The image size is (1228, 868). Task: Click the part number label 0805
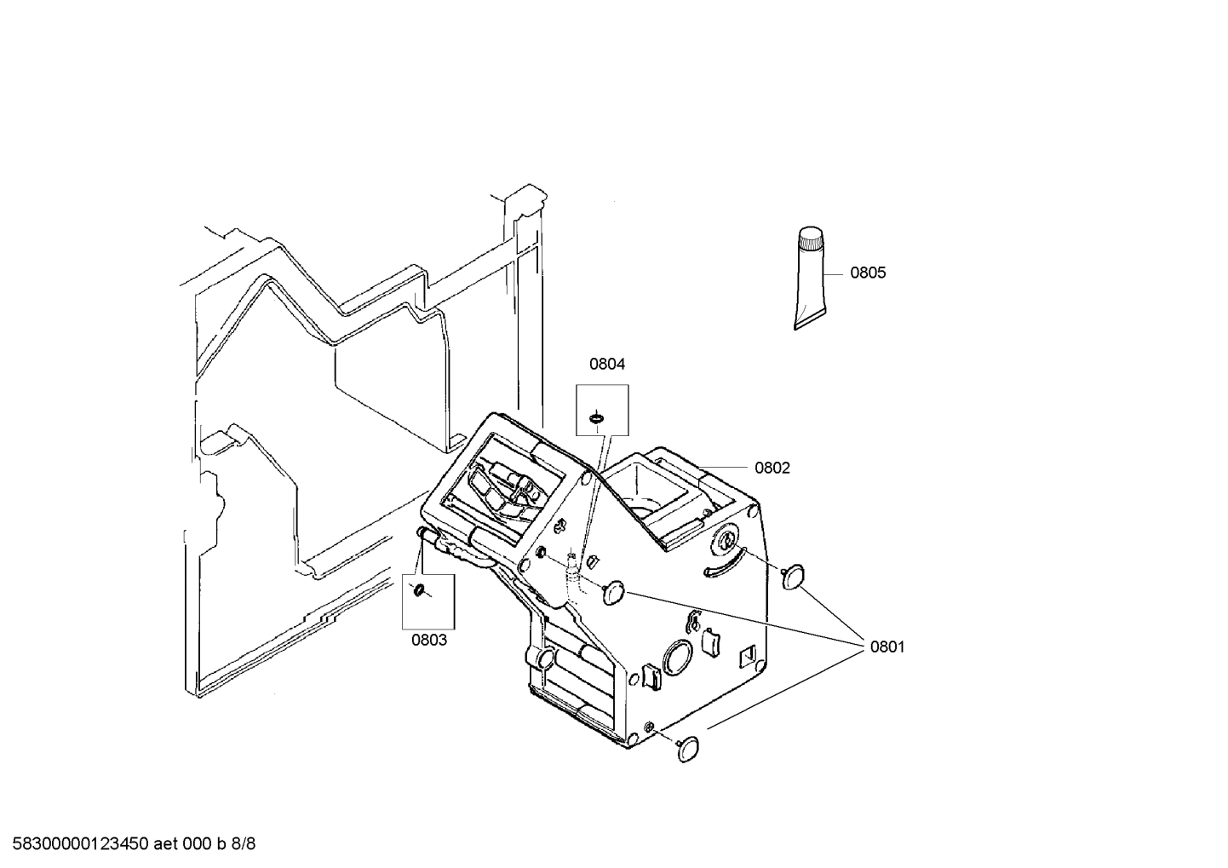868,273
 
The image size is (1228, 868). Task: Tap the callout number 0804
607,364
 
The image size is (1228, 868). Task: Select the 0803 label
429,640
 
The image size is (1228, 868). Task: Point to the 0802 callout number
772,468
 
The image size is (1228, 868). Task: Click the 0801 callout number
887,647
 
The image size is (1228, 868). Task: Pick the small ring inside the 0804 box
598,417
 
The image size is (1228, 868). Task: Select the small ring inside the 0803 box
418,591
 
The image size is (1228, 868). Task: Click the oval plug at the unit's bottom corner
691,747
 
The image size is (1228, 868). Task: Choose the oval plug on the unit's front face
614,592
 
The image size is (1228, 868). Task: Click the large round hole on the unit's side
679,657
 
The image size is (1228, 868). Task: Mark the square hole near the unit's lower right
748,656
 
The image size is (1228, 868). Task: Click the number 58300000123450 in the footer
77,844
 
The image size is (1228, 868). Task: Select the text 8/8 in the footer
244,844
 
